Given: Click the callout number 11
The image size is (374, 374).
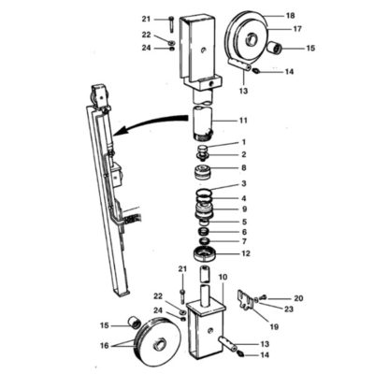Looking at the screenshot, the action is click(x=243, y=120).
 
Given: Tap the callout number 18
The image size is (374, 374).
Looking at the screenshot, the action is click(x=290, y=16).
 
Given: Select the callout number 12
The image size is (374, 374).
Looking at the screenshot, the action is click(x=246, y=253).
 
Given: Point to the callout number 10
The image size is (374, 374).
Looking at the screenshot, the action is click(x=223, y=277).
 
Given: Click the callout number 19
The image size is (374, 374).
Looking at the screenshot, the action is click(x=275, y=326).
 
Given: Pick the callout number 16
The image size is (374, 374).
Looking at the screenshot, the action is click(x=105, y=346).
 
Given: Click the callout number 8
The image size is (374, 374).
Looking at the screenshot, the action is click(x=244, y=167).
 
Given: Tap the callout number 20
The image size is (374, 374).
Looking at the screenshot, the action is click(x=298, y=298).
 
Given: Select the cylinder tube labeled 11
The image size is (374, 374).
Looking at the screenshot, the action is click(x=203, y=122).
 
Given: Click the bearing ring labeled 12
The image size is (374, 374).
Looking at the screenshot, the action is click(x=205, y=253).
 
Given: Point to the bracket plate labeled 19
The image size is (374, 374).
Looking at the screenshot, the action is click(x=247, y=299).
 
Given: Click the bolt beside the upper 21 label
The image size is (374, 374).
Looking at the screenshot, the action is click(x=171, y=23).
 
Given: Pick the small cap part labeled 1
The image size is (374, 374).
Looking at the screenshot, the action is click(x=204, y=147).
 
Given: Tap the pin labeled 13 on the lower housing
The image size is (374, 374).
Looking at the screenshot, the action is click(x=229, y=343).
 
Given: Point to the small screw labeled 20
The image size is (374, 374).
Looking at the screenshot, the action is click(x=264, y=296).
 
